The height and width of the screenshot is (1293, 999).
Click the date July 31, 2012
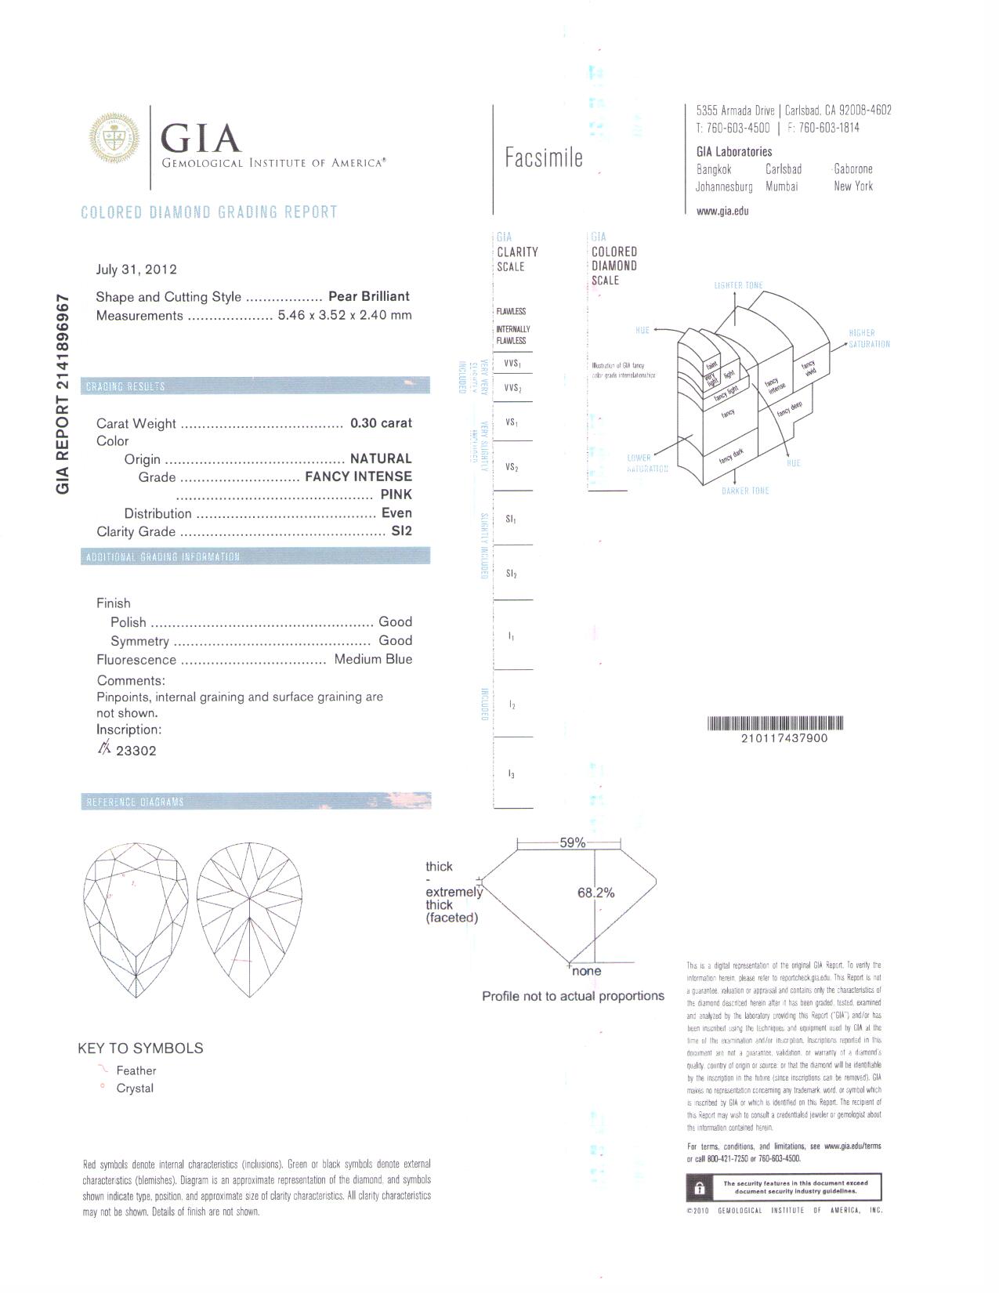click(x=136, y=270)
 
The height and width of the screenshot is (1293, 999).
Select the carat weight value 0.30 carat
click(x=381, y=423)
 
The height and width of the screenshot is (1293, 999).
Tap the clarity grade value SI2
click(x=401, y=531)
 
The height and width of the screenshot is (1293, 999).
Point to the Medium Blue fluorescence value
click(x=373, y=659)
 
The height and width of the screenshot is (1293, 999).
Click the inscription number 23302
click(x=136, y=751)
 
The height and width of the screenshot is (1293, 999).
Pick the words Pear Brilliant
click(x=369, y=296)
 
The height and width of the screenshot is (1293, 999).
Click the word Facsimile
click(x=544, y=158)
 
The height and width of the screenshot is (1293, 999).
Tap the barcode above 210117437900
click(x=775, y=723)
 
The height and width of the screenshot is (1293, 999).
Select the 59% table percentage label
click(x=572, y=843)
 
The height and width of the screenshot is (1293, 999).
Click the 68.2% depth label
click(x=596, y=893)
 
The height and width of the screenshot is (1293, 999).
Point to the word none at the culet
click(x=587, y=971)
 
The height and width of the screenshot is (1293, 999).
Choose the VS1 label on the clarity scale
click(x=512, y=422)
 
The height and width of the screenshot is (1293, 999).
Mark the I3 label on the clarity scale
click(x=511, y=774)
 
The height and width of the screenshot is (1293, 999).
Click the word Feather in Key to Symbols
click(x=136, y=1070)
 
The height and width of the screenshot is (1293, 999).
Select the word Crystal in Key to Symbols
click(x=135, y=1088)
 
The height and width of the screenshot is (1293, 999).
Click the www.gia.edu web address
click(x=722, y=211)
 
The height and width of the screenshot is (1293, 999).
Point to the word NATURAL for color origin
click(x=381, y=458)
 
